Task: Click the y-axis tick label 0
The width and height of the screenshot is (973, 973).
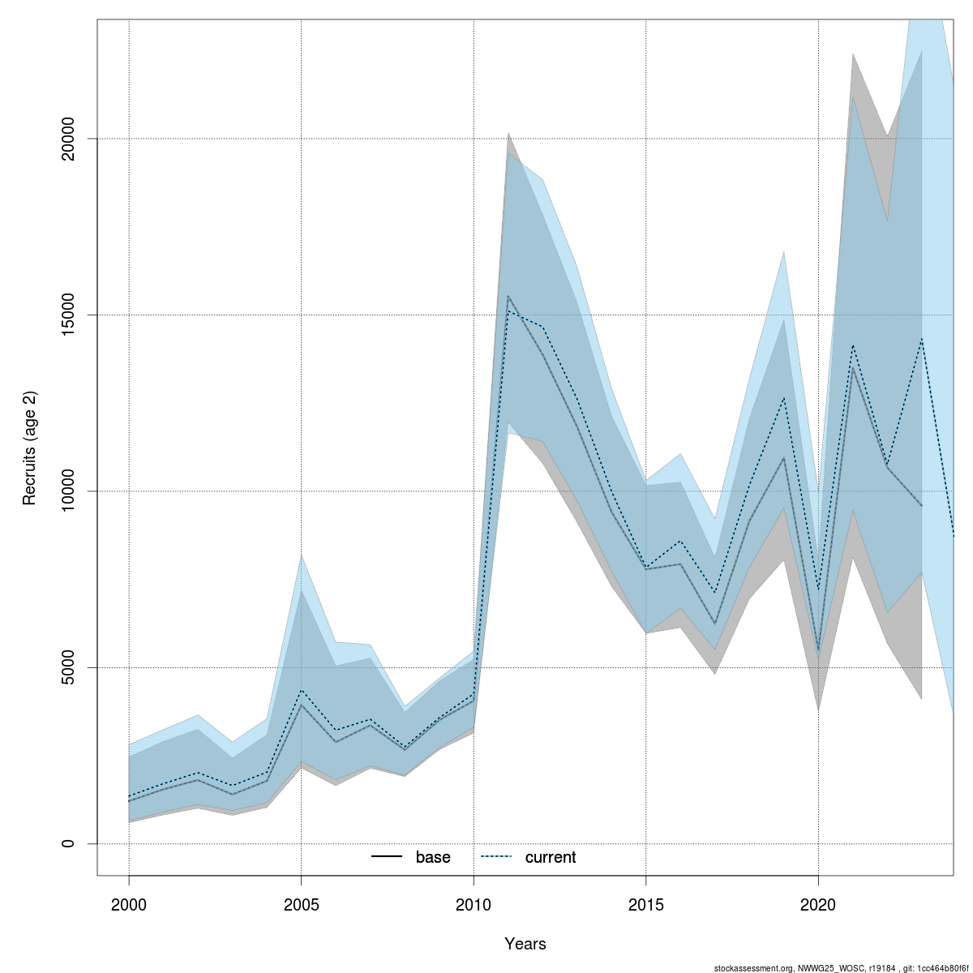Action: click(68, 844)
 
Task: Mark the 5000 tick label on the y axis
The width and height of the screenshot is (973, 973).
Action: click(68, 667)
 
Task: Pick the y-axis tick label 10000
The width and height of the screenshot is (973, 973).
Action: click(68, 491)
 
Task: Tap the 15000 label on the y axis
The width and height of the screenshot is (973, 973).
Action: click(68, 315)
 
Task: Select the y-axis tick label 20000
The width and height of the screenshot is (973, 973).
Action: click(68, 139)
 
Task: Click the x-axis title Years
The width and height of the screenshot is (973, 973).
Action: click(525, 944)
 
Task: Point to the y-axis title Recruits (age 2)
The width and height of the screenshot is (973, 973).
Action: click(30, 448)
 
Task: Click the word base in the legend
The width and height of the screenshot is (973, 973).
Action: click(433, 858)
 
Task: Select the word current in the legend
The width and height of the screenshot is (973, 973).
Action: click(551, 858)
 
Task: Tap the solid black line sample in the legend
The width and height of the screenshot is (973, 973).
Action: click(387, 857)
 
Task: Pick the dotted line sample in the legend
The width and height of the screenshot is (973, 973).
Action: click(496, 857)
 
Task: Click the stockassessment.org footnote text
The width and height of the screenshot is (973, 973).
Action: click(841, 968)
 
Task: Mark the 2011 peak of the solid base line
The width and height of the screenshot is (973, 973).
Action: click(508, 296)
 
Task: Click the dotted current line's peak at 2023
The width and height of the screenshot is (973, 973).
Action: click(922, 339)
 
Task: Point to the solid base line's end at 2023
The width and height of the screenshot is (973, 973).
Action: click(922, 506)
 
